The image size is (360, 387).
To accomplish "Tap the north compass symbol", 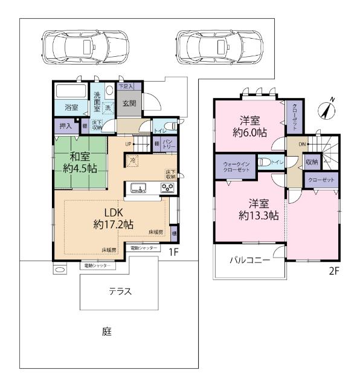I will [x=328, y=109].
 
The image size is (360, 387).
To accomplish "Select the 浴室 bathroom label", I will [x=72, y=108].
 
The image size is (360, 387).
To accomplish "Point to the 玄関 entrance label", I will [x=129, y=103].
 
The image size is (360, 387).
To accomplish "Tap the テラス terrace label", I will [x=120, y=291].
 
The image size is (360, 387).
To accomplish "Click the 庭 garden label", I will [x=106, y=331].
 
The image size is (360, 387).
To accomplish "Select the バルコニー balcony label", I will [x=249, y=261].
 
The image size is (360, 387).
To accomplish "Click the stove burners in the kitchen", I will [x=167, y=188].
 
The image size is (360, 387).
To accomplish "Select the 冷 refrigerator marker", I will [x=133, y=160].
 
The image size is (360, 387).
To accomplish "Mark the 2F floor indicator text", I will [x=333, y=271].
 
